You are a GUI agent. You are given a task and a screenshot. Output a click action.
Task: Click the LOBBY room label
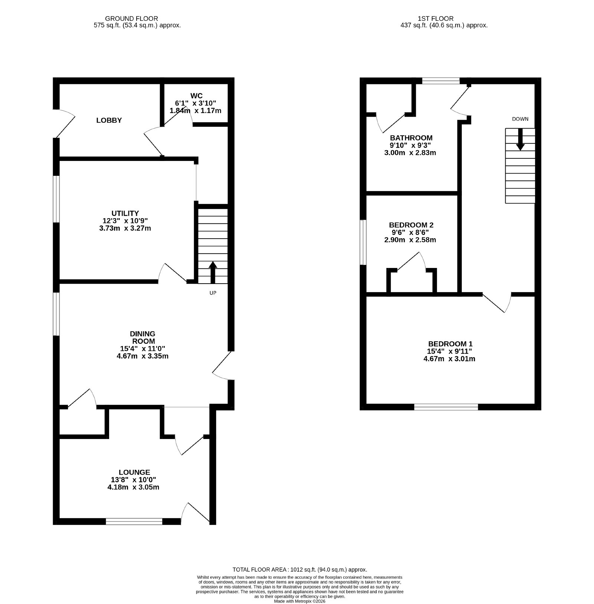tap(109, 120)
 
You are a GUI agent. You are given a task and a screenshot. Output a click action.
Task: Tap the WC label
tap(196, 96)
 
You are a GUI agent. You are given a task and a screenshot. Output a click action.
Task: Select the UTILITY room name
tap(125, 213)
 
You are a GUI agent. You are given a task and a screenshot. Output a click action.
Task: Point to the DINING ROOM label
tap(142, 337)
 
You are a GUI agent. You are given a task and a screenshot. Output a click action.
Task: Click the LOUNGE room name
tap(134, 472)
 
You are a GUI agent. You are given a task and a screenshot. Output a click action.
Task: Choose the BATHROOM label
tap(411, 138)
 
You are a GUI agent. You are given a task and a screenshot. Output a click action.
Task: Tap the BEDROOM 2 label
tap(411, 225)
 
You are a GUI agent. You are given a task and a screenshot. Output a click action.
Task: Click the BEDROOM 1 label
tap(450, 344)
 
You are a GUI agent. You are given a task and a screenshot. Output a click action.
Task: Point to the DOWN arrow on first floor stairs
tap(520, 139)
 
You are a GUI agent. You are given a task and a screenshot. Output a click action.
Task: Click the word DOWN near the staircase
tap(520, 119)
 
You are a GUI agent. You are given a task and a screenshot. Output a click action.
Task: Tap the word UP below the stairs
tap(213, 293)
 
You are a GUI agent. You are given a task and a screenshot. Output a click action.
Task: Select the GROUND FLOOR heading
tap(131, 18)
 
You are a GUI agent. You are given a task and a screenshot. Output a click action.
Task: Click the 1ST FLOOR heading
tap(436, 18)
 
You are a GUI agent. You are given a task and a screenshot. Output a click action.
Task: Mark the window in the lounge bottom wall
tap(134, 522)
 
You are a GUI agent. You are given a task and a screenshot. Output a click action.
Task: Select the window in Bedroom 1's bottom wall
tap(446, 407)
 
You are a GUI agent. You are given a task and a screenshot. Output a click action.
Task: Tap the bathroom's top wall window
tap(441, 81)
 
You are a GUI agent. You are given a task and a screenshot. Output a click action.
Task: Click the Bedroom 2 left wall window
tap(363, 242)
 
